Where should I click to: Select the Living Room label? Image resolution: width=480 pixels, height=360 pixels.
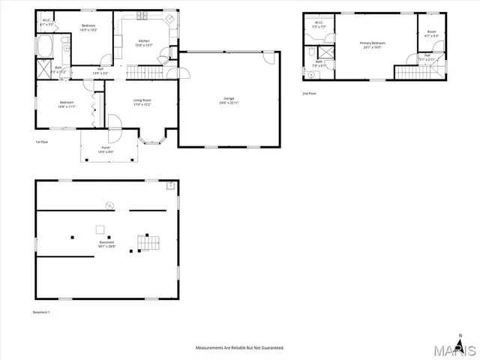[x=142, y=101]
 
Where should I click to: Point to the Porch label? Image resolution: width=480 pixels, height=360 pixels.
[x=106, y=148]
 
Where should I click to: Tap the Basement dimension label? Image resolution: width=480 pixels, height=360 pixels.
[x=107, y=246]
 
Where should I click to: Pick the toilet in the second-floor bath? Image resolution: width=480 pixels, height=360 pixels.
[x=310, y=52]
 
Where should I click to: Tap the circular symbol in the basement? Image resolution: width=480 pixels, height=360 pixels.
[x=109, y=204]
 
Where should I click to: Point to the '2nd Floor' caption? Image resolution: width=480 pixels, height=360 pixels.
[x=309, y=94]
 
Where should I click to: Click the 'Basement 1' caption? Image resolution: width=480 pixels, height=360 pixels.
[x=42, y=311]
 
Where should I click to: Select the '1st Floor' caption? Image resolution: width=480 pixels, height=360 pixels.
[x=42, y=141]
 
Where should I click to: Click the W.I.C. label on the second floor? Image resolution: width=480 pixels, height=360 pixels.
[x=318, y=22]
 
